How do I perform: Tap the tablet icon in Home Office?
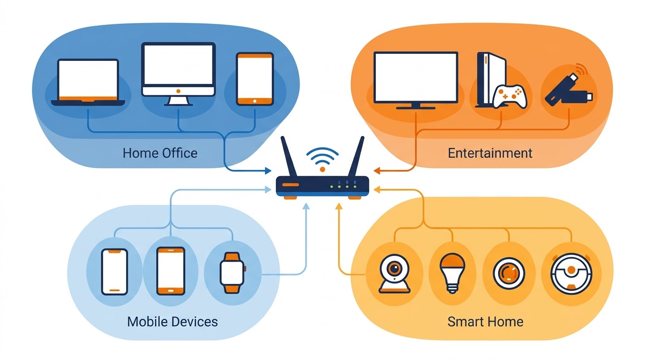(255, 79)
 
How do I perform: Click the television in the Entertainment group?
(415, 79)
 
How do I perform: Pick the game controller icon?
(511, 96)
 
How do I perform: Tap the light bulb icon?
(451, 272)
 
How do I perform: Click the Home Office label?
(160, 153)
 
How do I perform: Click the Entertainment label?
(490, 153)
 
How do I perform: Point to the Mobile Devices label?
(172, 322)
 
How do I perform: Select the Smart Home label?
(485, 322)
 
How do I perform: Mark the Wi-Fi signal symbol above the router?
(322, 158)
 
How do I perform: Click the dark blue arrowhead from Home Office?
(268, 171)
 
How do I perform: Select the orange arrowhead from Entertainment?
(378, 171)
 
